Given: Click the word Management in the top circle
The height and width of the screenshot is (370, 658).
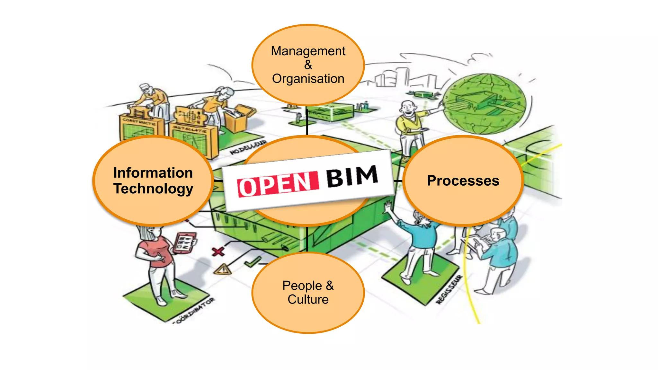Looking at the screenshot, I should click(308, 51).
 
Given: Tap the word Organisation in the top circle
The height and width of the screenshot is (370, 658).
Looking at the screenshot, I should click(308, 79).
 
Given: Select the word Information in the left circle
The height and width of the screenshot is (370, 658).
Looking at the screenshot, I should click(153, 173).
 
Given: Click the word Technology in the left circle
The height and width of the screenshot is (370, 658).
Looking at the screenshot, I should click(153, 189).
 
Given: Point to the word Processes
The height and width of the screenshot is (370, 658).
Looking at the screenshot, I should click(463, 181).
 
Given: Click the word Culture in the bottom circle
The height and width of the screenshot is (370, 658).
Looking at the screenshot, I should click(308, 299).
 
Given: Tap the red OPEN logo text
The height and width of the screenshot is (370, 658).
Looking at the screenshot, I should click(278, 184).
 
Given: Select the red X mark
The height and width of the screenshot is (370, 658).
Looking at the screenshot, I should click(218, 251).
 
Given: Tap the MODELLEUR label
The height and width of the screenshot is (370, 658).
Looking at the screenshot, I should click(248, 147).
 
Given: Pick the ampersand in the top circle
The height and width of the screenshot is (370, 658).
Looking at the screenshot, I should click(308, 65).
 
